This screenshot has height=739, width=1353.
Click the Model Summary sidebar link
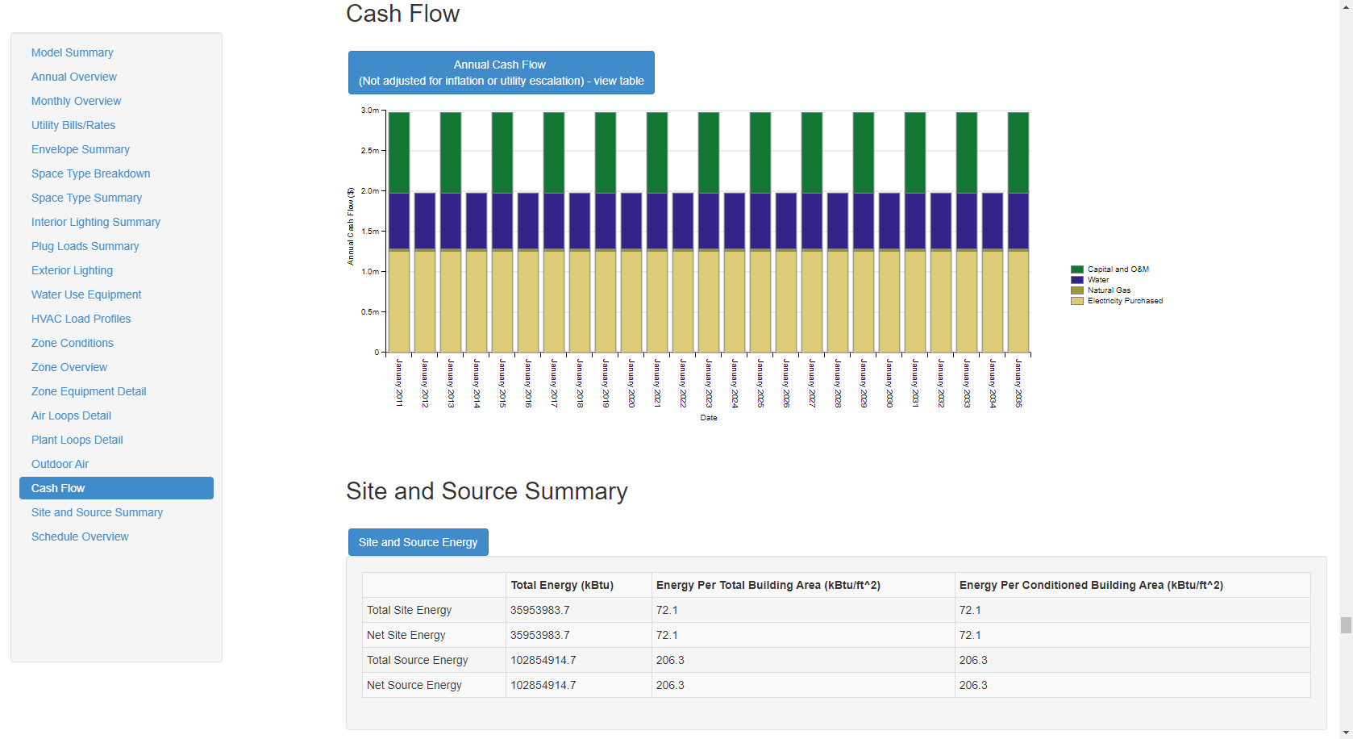[72, 52]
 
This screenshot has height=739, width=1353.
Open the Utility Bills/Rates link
[73, 125]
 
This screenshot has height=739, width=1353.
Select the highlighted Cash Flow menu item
[116, 488]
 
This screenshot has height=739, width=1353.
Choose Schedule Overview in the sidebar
[80, 537]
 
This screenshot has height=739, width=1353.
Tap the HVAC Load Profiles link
[81, 319]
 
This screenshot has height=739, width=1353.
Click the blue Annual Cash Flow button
[501, 73]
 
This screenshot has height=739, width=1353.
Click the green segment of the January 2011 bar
[399, 152]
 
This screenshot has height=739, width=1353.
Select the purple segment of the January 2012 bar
[425, 220]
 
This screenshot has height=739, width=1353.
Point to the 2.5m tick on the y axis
[370, 151]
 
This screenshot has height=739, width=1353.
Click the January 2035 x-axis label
[1018, 383]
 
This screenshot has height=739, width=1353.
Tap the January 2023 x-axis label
[709, 383]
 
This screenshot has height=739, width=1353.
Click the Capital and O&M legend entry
[1117, 269]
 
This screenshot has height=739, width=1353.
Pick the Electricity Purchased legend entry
[1124, 301]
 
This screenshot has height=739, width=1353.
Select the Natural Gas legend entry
[1108, 290]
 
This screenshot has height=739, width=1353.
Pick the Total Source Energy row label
[417, 660]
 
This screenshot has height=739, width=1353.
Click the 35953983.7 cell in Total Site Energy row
[539, 610]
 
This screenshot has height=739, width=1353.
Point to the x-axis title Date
[708, 418]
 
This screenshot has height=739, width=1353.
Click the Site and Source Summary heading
[486, 491]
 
